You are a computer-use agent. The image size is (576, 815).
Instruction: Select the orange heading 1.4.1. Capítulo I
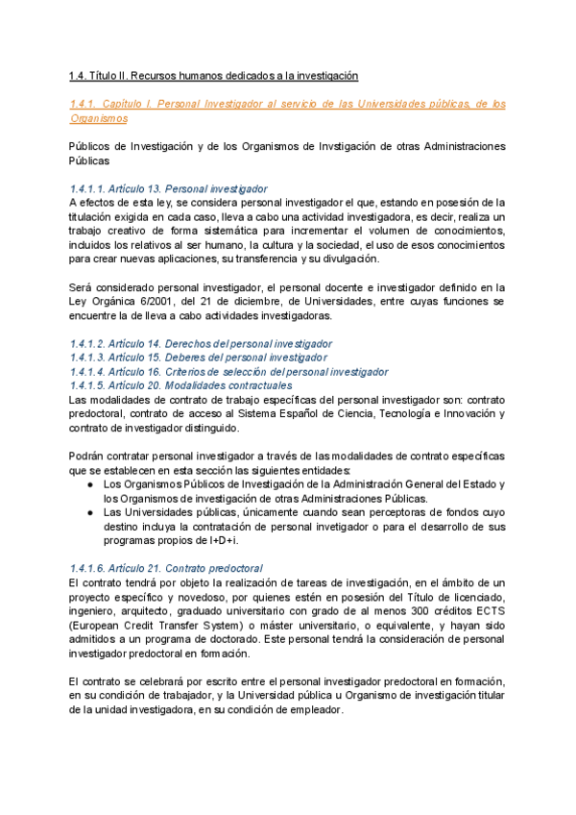point(288,103)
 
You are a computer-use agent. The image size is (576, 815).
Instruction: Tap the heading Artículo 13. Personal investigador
point(168,188)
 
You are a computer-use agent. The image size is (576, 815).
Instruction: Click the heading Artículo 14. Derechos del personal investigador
point(201,343)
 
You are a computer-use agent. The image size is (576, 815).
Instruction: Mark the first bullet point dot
point(90,484)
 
